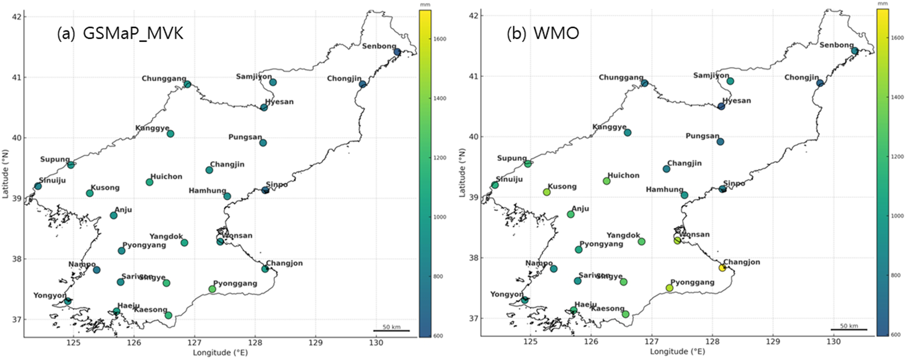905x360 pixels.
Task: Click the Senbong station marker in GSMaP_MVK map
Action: pos(397,52)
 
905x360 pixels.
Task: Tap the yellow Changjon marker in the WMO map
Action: pos(722,267)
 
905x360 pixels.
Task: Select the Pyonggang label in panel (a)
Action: pos(235,284)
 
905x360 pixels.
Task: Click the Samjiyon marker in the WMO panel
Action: pos(730,81)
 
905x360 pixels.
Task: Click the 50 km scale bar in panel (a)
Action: pos(391,331)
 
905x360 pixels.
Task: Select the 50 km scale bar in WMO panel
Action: pos(849,329)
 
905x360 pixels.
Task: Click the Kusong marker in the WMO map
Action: pos(547,192)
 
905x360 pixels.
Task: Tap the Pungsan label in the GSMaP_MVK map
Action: pos(245,137)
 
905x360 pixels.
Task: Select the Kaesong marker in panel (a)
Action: pos(168,315)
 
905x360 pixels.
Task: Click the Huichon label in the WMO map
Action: pos(623,175)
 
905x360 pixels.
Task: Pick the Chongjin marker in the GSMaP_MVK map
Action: pos(362,84)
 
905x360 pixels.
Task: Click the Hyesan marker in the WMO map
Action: pos(721,106)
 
